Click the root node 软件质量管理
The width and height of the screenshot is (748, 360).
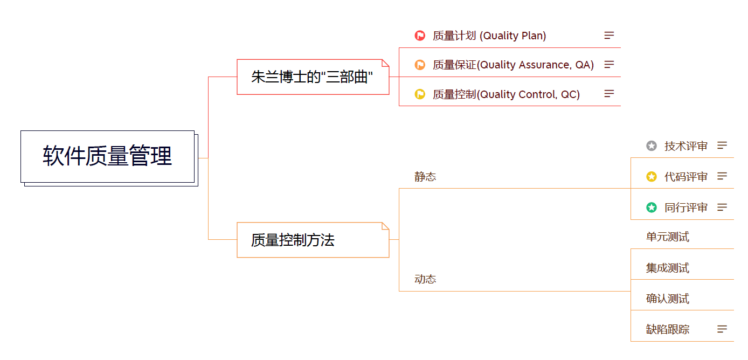[x=107, y=156]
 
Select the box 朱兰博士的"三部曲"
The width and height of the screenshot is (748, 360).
[x=313, y=77]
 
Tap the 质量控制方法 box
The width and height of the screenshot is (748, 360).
[x=313, y=240]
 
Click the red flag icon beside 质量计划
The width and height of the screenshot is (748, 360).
[x=420, y=36]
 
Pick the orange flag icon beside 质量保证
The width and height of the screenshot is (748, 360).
[x=420, y=65]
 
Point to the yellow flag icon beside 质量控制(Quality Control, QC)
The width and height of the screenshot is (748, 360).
[x=420, y=94]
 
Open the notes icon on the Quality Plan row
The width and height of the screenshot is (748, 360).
[x=609, y=36]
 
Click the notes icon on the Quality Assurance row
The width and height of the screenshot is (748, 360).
[x=609, y=65]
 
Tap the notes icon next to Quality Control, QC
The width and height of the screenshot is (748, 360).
[x=609, y=94]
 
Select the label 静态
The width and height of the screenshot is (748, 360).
[x=425, y=177]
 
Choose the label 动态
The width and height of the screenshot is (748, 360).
[x=425, y=279]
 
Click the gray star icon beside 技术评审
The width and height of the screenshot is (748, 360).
[x=652, y=146]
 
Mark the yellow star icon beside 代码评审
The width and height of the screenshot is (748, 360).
[x=652, y=177]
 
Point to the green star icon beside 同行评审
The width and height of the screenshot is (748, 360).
[x=652, y=207]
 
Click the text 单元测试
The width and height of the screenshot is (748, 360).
[x=668, y=237]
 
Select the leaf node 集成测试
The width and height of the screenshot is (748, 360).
[x=668, y=268]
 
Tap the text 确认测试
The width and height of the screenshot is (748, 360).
[x=668, y=299]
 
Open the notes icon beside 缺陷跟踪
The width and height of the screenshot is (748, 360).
[x=722, y=329]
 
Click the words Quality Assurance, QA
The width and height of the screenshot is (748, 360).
[x=537, y=65]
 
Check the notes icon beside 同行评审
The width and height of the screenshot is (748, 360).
[x=722, y=207]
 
